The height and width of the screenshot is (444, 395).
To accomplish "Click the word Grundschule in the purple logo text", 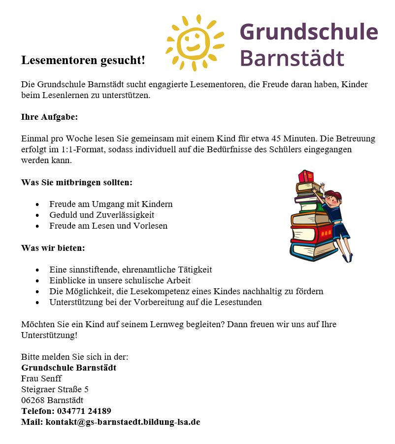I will [308, 32].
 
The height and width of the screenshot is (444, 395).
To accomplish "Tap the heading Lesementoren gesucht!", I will [83, 61].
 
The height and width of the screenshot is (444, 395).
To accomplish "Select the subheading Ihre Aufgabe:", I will [49, 117].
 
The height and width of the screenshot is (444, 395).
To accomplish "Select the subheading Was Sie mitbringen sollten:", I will [76, 182].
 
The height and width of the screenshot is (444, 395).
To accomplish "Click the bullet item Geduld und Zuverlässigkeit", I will [101, 215].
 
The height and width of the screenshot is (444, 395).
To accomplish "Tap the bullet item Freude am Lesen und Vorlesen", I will [108, 226].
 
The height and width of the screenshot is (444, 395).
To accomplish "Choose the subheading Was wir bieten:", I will [53, 248].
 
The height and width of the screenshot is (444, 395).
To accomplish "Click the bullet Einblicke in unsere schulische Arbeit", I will [120, 280].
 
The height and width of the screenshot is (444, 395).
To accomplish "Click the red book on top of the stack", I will [306, 176].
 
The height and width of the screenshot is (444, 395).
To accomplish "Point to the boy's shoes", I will [347, 257].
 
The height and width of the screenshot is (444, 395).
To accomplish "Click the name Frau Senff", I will [41, 378].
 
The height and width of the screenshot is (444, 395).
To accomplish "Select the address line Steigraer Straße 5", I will [55, 389].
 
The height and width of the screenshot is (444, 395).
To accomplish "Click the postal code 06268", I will [33, 400].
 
